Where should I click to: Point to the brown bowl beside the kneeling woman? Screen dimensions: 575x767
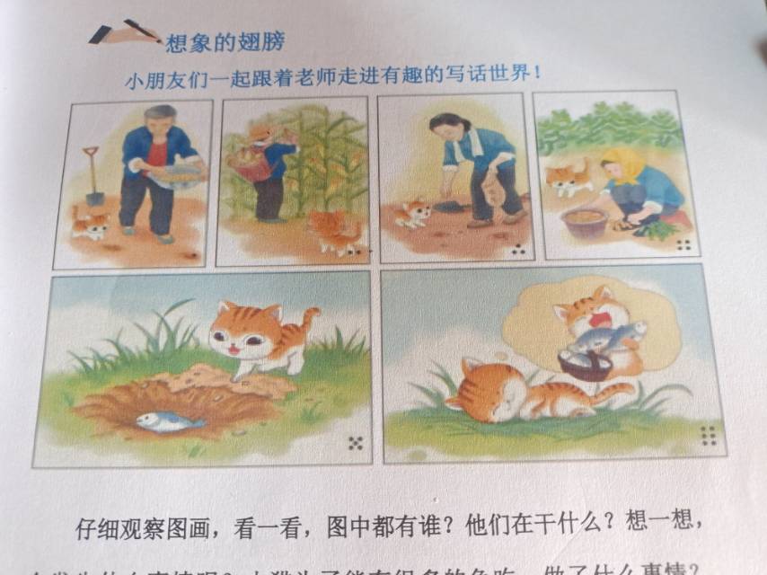click(x=585, y=221)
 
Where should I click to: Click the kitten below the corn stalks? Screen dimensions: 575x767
click(x=334, y=232)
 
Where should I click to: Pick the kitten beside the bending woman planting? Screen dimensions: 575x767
click(x=414, y=214)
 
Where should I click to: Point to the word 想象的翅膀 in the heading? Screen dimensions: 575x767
click(x=225, y=41)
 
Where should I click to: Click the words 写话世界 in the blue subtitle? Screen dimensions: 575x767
click(x=496, y=74)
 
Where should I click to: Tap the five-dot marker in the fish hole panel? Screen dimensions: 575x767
click(x=355, y=443)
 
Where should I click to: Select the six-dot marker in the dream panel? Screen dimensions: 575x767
click(x=710, y=436)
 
